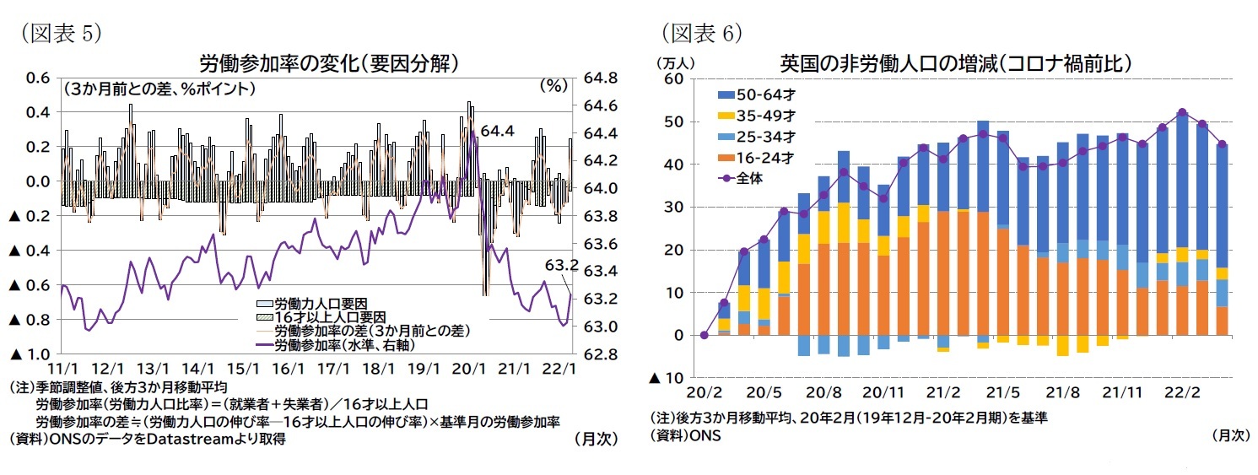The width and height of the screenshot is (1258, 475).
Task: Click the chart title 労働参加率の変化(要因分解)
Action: click(x=328, y=63)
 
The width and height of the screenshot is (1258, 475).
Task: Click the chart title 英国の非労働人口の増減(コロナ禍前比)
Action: click(x=955, y=63)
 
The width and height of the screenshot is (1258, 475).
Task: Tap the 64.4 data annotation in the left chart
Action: click(x=497, y=131)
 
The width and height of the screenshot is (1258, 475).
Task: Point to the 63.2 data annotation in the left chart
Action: click(x=561, y=265)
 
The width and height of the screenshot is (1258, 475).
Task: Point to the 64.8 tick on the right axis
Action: click(x=601, y=78)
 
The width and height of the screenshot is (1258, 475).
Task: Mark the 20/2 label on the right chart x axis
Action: click(x=704, y=393)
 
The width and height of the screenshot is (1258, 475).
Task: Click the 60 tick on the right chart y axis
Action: click(x=672, y=78)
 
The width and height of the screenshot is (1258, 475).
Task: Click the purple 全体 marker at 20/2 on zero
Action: click(x=704, y=335)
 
